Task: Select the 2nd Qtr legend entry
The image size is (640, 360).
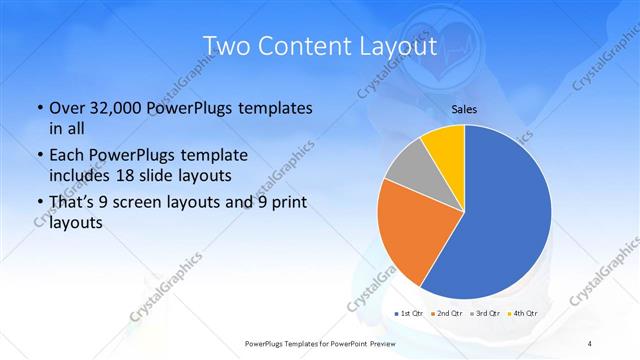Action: click(448, 314)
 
